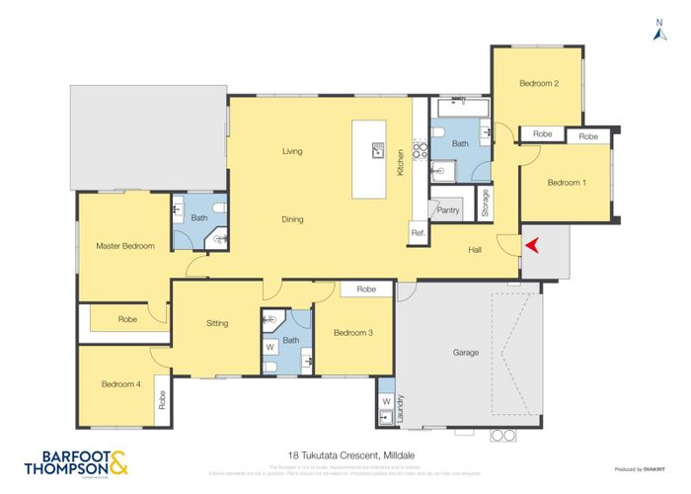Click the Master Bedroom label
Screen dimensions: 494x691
124,246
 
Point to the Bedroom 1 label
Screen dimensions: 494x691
567,183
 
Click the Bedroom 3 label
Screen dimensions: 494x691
352,333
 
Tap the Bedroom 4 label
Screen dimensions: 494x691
119,384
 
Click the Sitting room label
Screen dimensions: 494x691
217,323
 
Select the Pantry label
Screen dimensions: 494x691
448,209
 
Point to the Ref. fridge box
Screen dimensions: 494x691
418,233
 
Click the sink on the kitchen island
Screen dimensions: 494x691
377,150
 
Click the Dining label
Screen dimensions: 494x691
292,219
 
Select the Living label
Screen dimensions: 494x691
292,151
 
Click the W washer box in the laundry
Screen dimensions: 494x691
386,402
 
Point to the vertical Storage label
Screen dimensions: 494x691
485,203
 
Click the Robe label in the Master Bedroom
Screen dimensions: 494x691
127,319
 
